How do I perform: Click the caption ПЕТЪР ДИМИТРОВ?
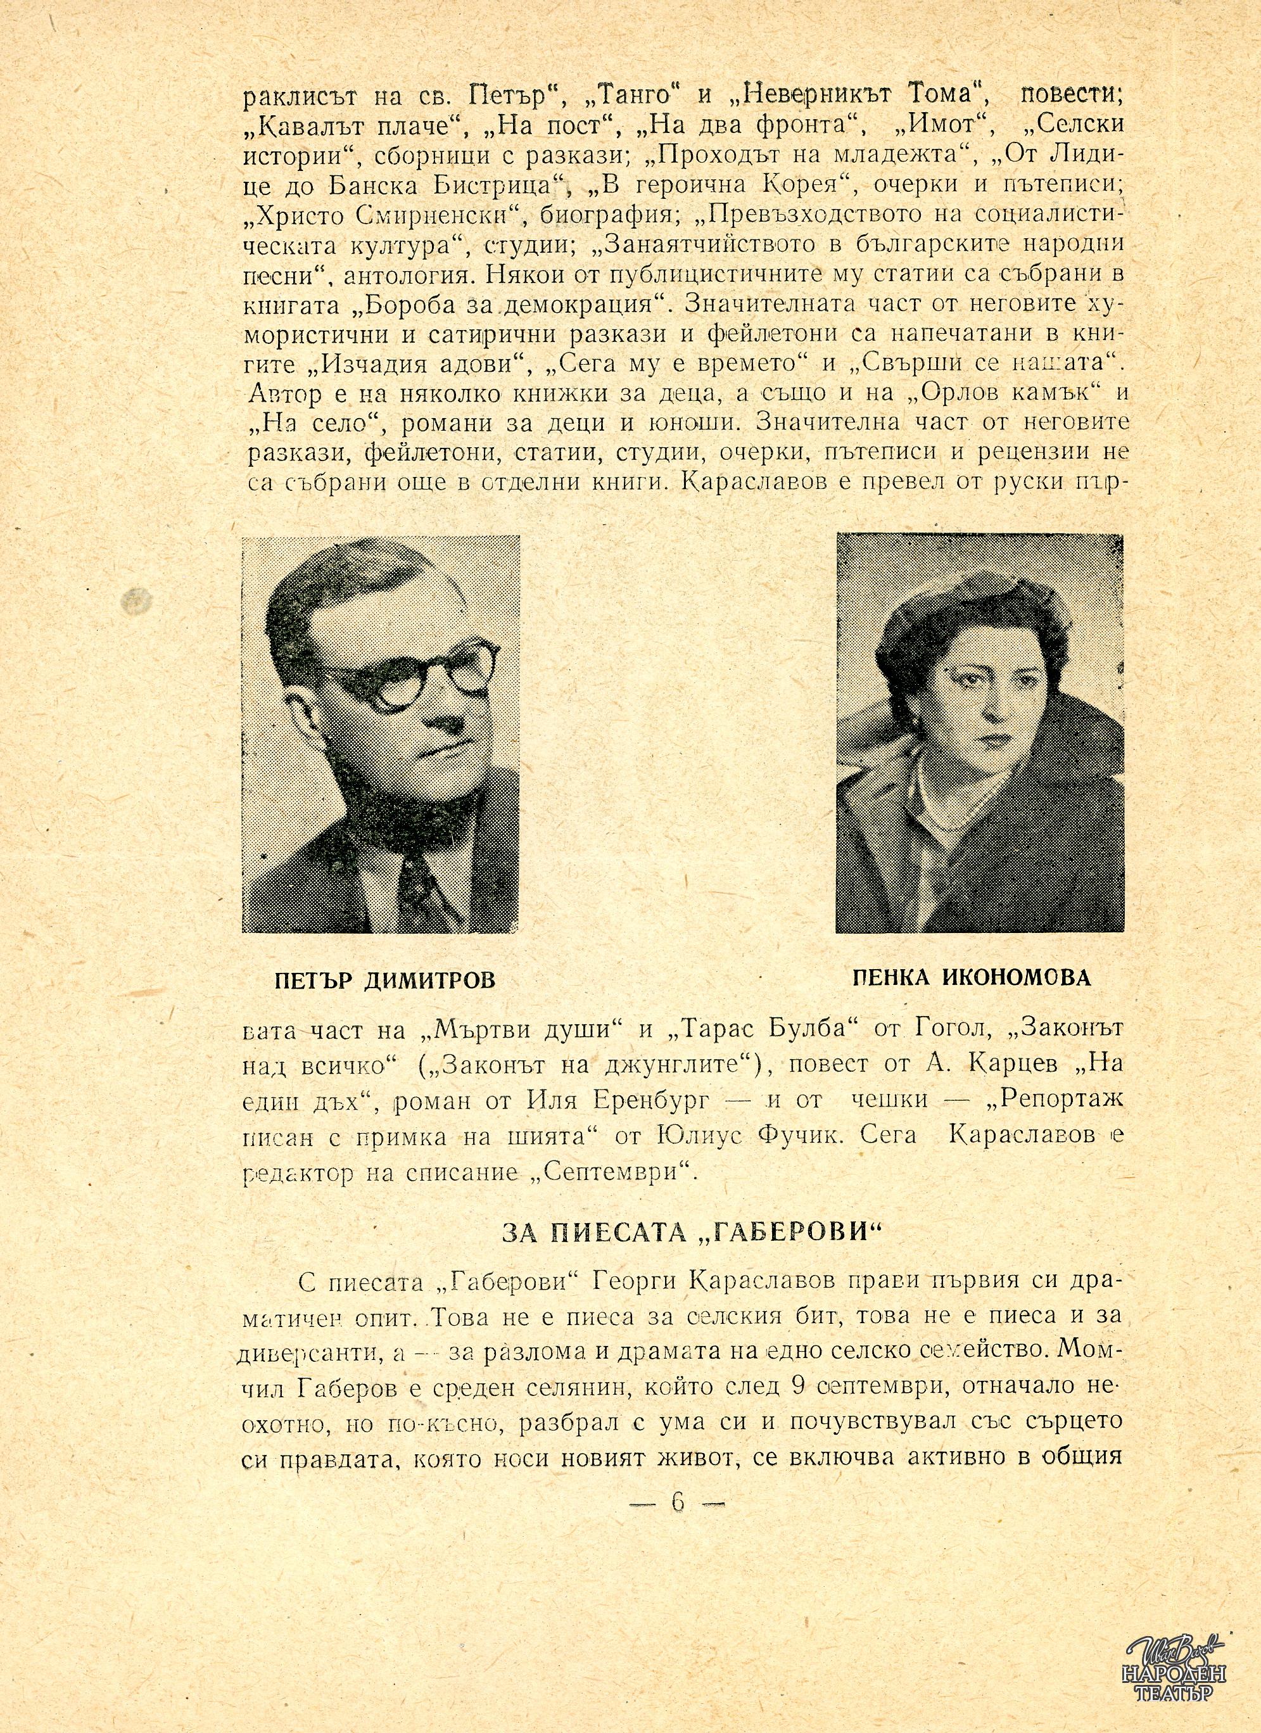(384, 980)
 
